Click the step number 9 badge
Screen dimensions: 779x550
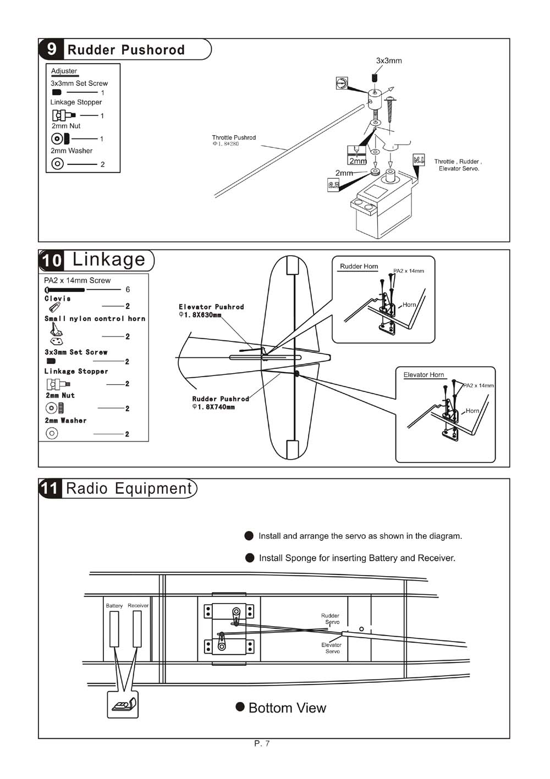coord(51,49)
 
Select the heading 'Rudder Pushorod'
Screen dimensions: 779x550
coord(126,50)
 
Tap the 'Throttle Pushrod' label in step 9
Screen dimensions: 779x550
coord(234,138)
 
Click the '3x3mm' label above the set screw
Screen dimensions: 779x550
coord(389,60)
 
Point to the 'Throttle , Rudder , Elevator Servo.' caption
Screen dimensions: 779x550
coord(458,165)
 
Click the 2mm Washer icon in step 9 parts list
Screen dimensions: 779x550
coord(58,164)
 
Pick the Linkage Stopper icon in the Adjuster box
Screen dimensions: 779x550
coord(64,115)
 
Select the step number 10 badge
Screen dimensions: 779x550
coord(52,260)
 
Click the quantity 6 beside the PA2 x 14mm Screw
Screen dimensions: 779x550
coord(128,289)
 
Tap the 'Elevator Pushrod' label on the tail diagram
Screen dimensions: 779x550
coord(211,307)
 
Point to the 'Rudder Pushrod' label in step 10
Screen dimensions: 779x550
coord(221,399)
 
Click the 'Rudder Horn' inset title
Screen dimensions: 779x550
coord(359,267)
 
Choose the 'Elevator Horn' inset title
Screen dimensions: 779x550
coord(424,375)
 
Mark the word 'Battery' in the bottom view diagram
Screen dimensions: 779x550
coord(114,606)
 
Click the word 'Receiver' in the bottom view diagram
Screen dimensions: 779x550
coord(138,605)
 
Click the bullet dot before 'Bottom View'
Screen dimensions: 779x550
coord(240,706)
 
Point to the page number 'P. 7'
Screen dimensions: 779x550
coord(262,744)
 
